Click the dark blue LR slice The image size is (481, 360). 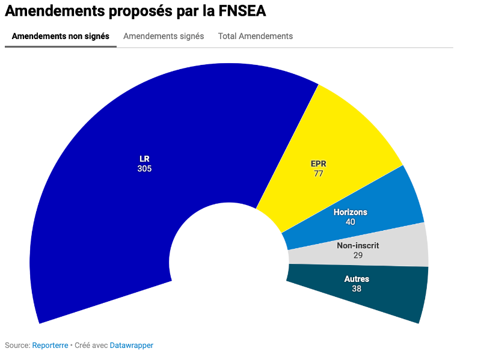click(108, 198)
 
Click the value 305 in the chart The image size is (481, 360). click(144, 169)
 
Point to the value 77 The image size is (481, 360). click(319, 174)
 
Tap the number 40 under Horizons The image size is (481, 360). click(350, 222)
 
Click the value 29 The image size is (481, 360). click(358, 255)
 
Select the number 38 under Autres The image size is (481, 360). click(357, 288)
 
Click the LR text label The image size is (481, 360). click(144, 159)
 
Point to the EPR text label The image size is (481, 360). click(319, 163)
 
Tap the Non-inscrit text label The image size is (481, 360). click(358, 245)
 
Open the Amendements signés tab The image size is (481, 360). click(164, 36)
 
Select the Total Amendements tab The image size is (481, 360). click(256, 36)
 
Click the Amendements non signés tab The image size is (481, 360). click(61, 36)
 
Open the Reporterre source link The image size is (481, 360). click(50, 346)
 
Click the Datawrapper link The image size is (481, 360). click(131, 346)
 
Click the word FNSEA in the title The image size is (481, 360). click(239, 11)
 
